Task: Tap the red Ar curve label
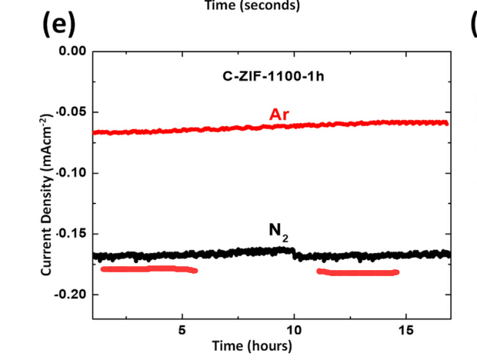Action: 279,114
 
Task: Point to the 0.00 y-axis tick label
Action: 72,52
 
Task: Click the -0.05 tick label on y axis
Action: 71,112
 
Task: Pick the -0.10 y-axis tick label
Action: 71,173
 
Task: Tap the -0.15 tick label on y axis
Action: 71,234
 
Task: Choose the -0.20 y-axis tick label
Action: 71,295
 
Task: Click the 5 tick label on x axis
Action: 182,330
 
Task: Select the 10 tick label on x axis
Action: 295,330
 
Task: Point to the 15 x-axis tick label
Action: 407,330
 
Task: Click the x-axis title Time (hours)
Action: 252,345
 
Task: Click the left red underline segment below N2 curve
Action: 149,269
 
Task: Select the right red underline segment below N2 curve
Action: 359,272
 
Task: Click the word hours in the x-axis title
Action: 270,345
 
